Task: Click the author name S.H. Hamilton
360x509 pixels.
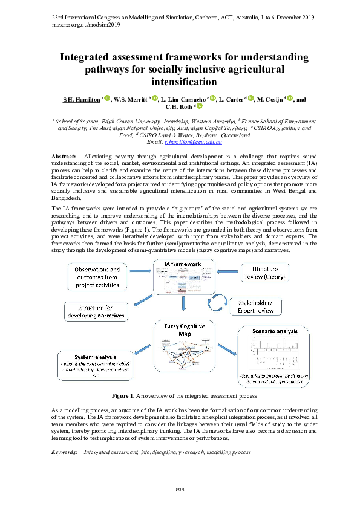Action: [83, 99]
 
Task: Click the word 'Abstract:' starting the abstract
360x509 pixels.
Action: [64, 157]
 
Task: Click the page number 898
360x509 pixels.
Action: [180, 489]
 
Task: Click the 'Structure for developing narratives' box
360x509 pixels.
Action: [94, 311]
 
